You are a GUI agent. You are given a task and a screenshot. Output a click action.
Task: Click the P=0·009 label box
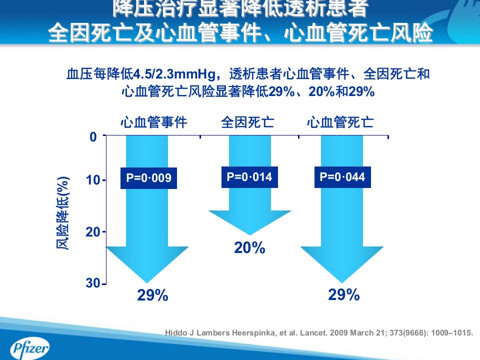pyautogui.click(x=148, y=178)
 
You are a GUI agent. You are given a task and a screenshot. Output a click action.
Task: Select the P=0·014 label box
pyautogui.click(x=249, y=177)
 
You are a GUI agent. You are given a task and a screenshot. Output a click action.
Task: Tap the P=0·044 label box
pyautogui.click(x=342, y=177)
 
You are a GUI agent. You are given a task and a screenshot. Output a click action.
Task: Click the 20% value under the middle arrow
pyautogui.click(x=249, y=247)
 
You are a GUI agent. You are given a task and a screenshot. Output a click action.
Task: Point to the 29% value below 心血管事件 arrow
pyautogui.click(x=152, y=295)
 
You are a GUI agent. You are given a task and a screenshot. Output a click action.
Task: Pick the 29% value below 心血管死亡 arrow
pyautogui.click(x=344, y=294)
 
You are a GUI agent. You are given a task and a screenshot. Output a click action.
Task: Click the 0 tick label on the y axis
pyautogui.click(x=93, y=137)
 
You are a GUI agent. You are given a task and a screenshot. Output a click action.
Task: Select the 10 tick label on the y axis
pyautogui.click(x=93, y=180)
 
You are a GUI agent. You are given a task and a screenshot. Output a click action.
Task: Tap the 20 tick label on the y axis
pyautogui.click(x=93, y=232)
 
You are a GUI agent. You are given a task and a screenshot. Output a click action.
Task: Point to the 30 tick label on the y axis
pyautogui.click(x=93, y=283)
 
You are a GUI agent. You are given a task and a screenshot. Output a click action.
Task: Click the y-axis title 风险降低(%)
pyautogui.click(x=63, y=213)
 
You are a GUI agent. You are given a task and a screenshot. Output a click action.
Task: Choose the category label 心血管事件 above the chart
pyautogui.click(x=153, y=122)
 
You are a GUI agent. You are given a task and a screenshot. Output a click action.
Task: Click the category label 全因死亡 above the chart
pyautogui.click(x=247, y=122)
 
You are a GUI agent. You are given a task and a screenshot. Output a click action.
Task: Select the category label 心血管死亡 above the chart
pyautogui.click(x=340, y=122)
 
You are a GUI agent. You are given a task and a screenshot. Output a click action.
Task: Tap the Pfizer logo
pyautogui.click(x=29, y=348)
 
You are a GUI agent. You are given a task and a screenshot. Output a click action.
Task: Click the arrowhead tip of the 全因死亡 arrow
pyautogui.click(x=250, y=235)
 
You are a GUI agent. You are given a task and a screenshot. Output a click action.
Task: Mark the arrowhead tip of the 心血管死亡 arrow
pyautogui.click(x=341, y=283)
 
